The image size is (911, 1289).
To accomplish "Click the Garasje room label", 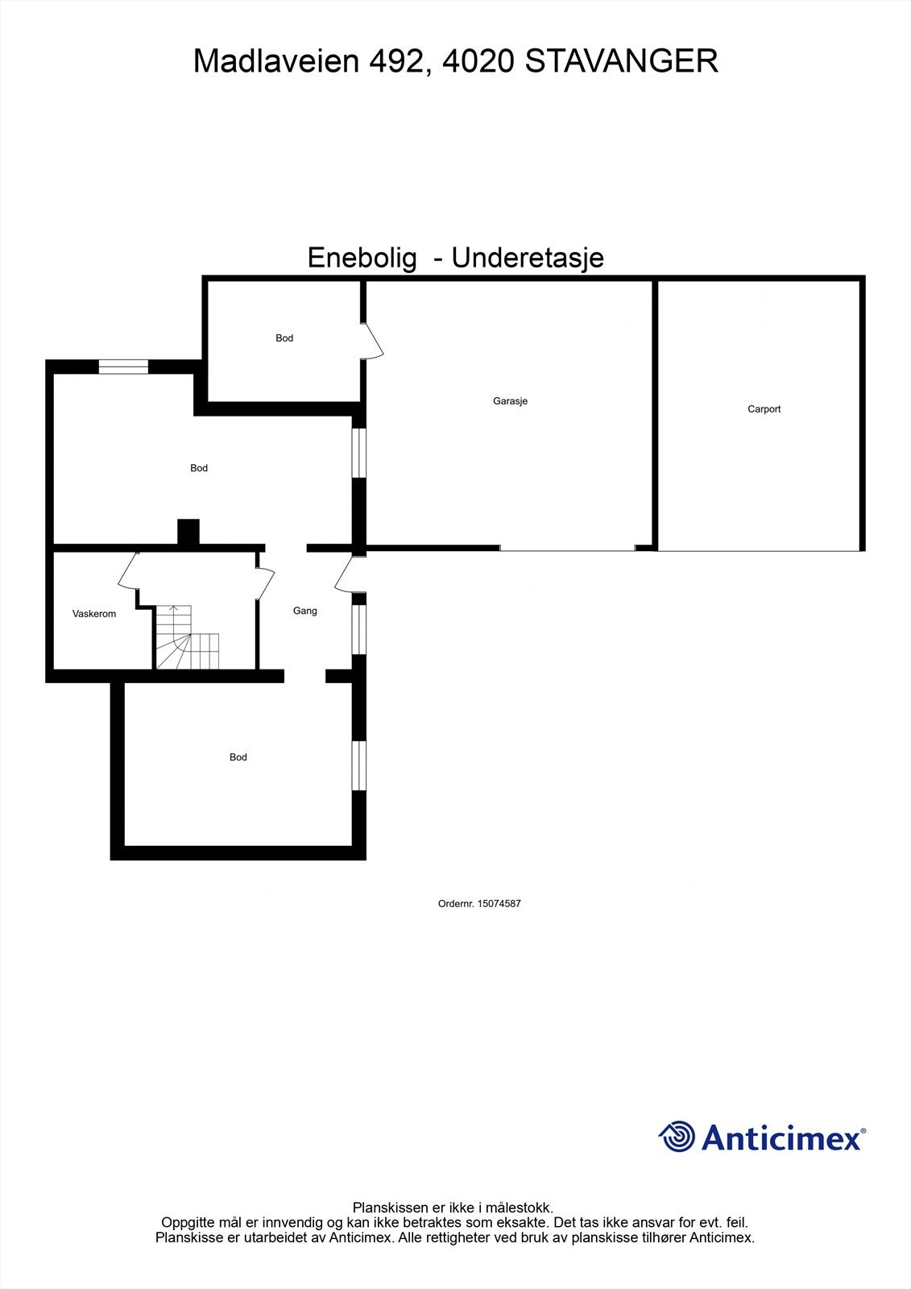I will (x=510, y=401).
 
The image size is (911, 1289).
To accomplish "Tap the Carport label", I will (x=764, y=409).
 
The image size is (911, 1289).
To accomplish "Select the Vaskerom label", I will (x=94, y=614).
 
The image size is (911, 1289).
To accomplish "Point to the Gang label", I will (x=304, y=611).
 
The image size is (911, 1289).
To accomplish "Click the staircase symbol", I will (x=187, y=638).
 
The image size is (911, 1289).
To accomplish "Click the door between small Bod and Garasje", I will (x=372, y=341).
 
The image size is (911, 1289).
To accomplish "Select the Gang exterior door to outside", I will (x=345, y=574).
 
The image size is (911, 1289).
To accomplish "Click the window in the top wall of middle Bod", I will (x=123, y=367).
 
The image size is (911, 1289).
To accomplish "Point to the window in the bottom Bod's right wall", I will (x=359, y=765).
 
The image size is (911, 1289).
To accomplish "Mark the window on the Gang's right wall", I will (x=359, y=629).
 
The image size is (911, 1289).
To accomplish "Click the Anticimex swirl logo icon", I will (x=677, y=1137).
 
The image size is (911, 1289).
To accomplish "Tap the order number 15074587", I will (x=499, y=904).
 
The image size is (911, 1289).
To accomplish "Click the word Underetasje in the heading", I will (x=528, y=259).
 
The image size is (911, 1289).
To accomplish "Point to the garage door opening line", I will (x=567, y=549).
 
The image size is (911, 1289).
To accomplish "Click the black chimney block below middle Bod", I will (x=188, y=534).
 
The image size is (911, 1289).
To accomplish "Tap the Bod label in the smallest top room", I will (x=284, y=338).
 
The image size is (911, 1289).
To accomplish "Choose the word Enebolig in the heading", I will (x=362, y=259).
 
